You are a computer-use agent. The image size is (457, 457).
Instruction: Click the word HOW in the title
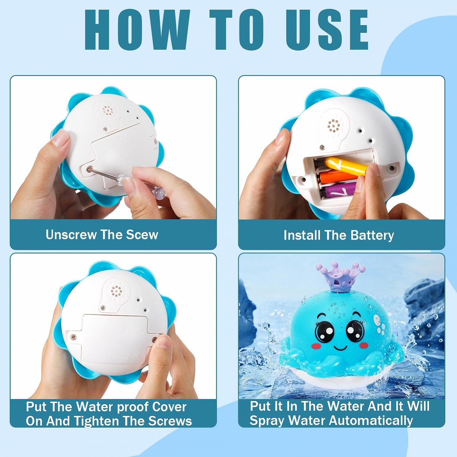click(x=136, y=30)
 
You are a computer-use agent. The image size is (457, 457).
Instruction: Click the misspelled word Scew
click(x=142, y=235)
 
